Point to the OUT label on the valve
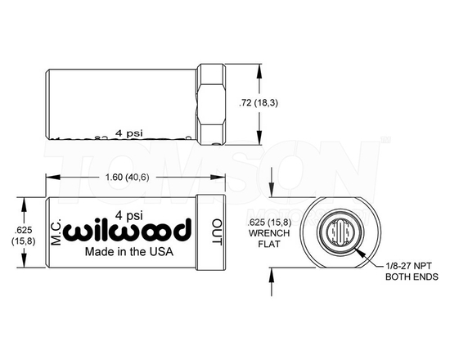pos(217,231)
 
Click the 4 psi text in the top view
pos(130,132)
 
